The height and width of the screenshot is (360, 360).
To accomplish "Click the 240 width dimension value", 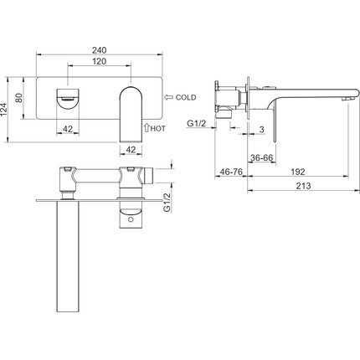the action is coord(100,50).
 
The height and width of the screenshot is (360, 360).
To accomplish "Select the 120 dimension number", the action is coord(100,61).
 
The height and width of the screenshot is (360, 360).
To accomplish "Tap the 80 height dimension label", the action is coord(18,98).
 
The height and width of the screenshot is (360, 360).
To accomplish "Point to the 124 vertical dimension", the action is coord(3,110).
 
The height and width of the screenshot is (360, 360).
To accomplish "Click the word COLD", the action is coord(186,97).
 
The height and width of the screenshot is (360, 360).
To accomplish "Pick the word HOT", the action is coord(158,129).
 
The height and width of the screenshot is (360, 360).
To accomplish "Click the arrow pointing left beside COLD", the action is coord(168,97).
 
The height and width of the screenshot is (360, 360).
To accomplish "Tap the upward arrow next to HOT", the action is coord(147,128).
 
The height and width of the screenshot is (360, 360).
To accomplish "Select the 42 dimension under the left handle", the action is coord(68,129).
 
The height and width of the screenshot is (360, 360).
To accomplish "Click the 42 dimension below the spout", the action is coord(131,150).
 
